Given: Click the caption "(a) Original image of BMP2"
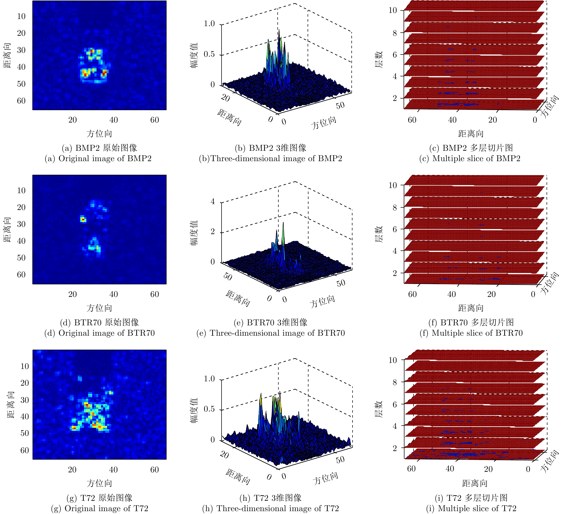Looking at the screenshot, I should (x=98, y=158).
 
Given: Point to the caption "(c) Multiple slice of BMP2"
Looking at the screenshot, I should (x=470, y=158).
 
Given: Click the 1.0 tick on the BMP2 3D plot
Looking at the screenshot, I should (x=209, y=24).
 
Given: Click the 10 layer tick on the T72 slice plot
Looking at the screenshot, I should (x=393, y=360).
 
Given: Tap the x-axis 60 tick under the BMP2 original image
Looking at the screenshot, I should (x=154, y=120).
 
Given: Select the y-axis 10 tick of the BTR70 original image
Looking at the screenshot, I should (x=21, y=191).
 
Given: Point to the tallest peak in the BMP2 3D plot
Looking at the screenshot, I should (x=279, y=30).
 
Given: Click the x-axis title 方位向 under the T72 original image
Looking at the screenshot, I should (x=99, y=483).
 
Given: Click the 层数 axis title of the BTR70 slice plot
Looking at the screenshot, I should (x=378, y=234).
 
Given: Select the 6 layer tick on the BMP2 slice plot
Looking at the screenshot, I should (x=395, y=55).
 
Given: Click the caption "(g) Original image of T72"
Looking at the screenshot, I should (x=99, y=508).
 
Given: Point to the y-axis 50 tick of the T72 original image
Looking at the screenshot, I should (x=25, y=433).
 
